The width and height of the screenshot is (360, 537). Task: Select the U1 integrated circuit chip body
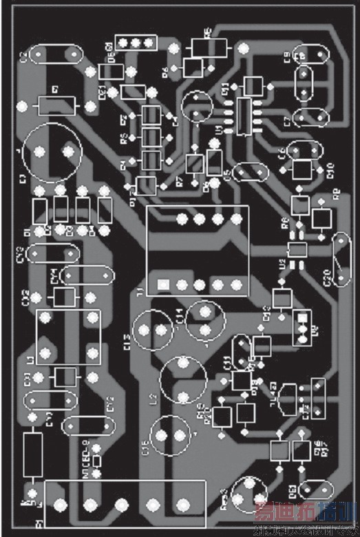click(x=244, y=116)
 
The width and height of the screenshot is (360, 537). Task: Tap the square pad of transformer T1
click(x=163, y=284)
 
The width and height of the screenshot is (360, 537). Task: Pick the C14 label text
click(x=179, y=316)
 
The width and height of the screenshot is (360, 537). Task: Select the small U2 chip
click(x=297, y=249)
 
